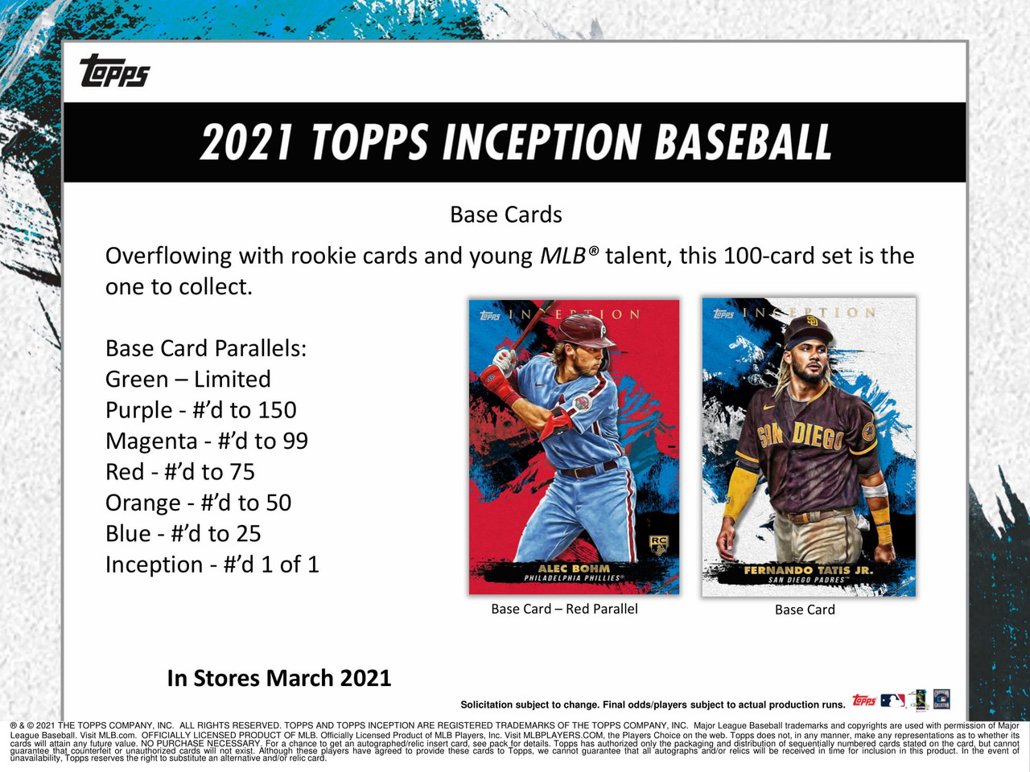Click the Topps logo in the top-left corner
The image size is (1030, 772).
[x=114, y=71]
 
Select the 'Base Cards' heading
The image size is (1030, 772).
[x=505, y=215]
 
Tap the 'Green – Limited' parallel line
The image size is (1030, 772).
[x=187, y=379]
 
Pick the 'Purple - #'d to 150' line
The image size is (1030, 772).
[x=200, y=410]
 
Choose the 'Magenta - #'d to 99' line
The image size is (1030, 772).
[x=206, y=441]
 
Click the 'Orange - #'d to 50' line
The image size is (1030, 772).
[x=198, y=503]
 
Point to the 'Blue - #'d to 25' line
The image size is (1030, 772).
[x=183, y=534]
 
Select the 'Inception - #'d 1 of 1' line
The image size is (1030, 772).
[x=212, y=565]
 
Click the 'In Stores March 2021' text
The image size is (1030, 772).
[x=278, y=678]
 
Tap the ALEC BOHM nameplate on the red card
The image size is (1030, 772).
[x=574, y=569]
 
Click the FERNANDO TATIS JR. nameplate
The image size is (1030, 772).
[x=807, y=570]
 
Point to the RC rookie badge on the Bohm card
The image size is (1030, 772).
[x=658, y=544]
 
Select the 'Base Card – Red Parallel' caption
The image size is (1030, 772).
[x=564, y=609]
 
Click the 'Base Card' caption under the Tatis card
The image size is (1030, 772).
[x=805, y=610]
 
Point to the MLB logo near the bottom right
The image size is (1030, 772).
[x=892, y=700]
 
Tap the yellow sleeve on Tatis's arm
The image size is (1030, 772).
[x=741, y=491]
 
